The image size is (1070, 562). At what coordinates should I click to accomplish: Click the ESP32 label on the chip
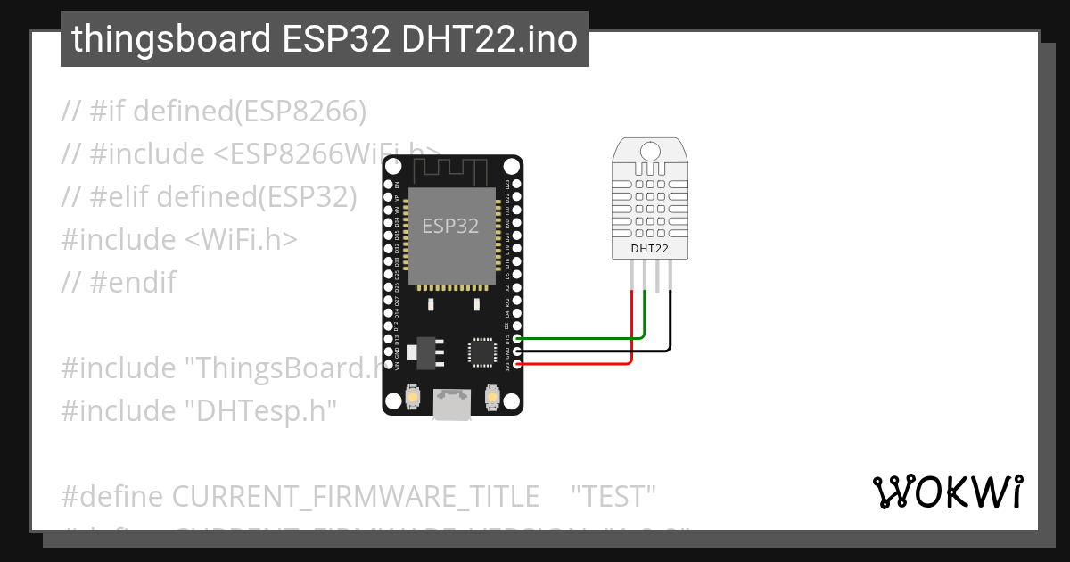[450, 227]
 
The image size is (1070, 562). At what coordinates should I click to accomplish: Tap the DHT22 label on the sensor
[649, 248]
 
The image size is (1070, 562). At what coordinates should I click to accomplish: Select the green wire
[580, 339]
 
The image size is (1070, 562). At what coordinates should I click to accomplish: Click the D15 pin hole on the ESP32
[516, 339]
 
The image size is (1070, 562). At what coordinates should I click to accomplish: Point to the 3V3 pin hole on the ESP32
[516, 364]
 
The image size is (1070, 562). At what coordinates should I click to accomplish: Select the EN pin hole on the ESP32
[389, 185]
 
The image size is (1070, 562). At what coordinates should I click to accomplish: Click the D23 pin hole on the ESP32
[516, 185]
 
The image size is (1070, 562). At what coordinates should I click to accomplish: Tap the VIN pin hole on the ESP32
[389, 364]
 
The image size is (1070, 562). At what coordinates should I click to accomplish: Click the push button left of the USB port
[413, 396]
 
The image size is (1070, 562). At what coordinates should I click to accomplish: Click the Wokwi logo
[947, 492]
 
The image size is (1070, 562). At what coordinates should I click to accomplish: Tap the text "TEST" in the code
[613, 495]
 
